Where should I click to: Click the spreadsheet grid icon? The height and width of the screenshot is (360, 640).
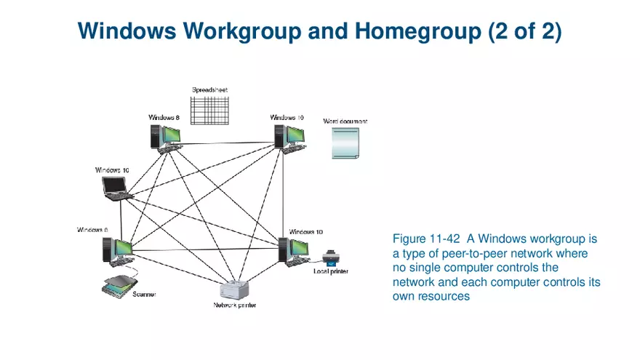(x=209, y=110)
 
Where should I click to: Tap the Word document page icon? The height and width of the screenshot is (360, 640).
(x=345, y=143)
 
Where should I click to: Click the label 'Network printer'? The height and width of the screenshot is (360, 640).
(x=234, y=305)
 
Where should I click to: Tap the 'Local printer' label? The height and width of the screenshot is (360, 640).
(x=331, y=271)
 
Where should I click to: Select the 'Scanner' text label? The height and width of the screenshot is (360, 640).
(x=144, y=295)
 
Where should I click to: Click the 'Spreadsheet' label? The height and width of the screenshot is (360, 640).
(x=209, y=90)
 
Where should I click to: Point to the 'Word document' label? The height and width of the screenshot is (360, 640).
(x=345, y=120)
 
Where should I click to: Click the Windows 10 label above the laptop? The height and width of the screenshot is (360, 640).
(x=112, y=170)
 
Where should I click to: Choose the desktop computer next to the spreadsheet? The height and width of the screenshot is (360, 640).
(x=164, y=136)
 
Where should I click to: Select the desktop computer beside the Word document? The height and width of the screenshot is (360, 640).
(x=288, y=136)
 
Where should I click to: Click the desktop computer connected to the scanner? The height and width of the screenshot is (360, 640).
(x=116, y=250)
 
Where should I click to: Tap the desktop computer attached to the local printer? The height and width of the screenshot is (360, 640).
(x=294, y=249)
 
